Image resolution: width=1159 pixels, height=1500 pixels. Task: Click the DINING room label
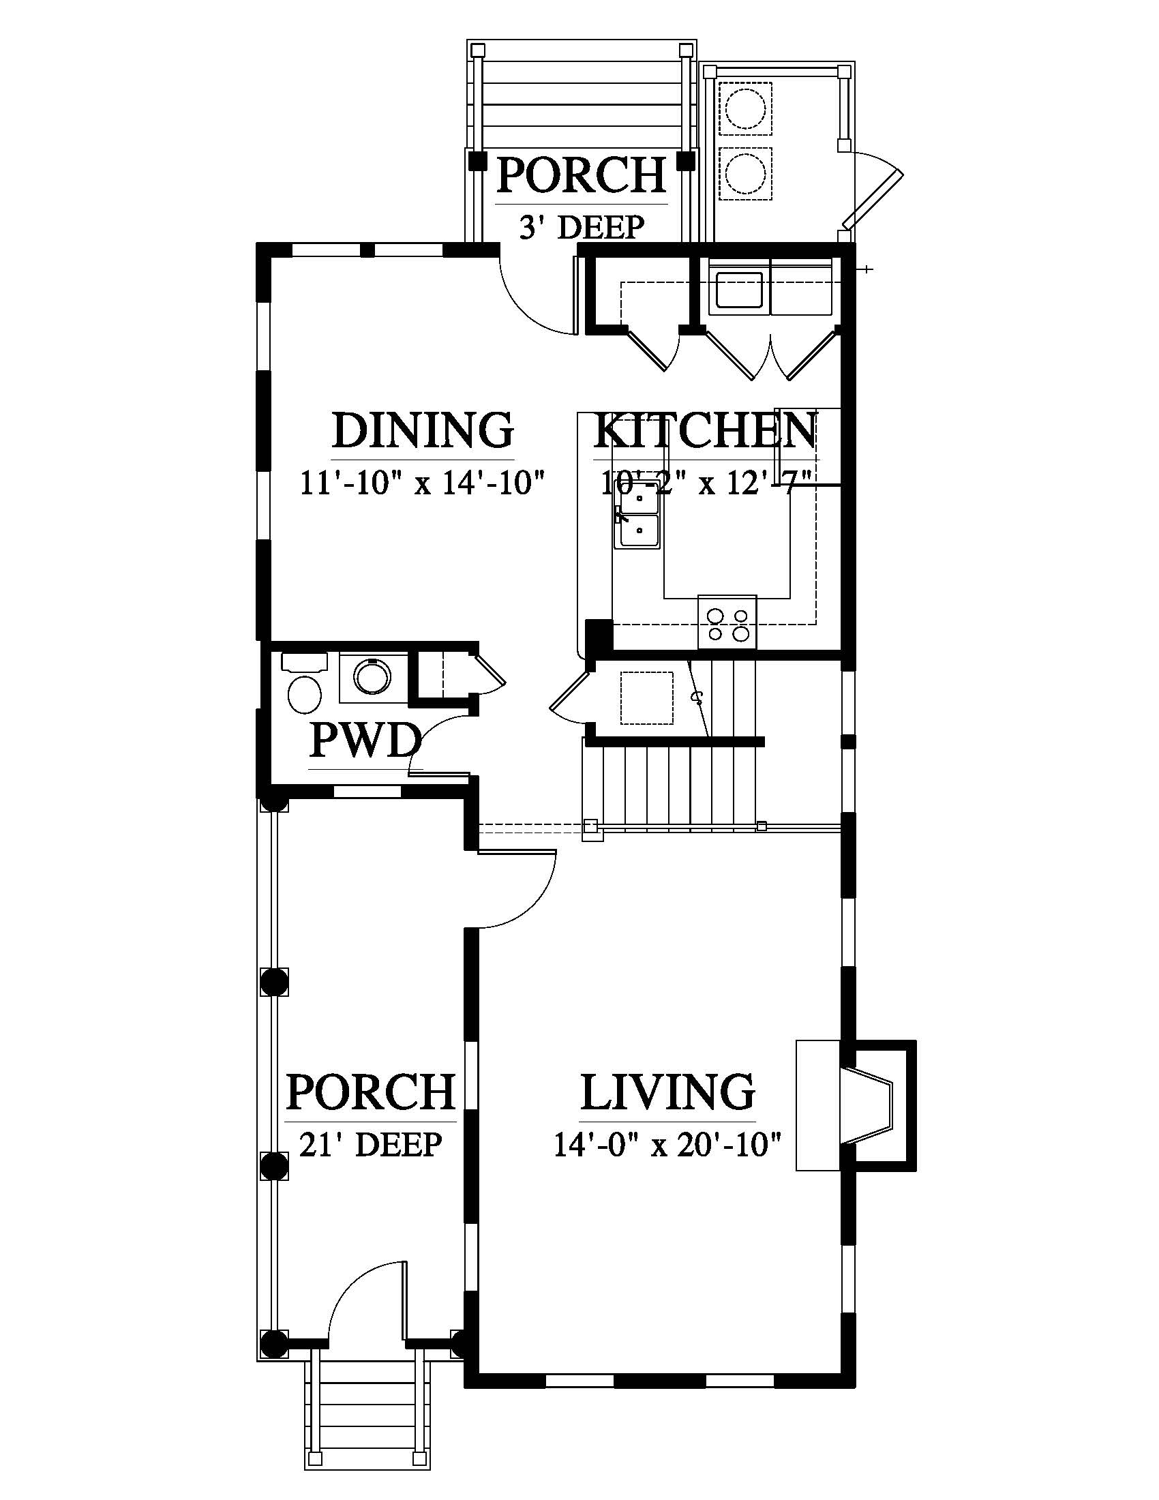click(x=423, y=430)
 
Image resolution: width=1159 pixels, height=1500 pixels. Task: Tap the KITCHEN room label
click(x=705, y=430)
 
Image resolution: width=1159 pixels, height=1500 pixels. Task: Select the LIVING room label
click(x=667, y=1092)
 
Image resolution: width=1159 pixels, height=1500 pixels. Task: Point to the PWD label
click(x=365, y=742)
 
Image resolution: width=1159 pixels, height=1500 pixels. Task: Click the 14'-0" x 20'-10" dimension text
click(x=667, y=1145)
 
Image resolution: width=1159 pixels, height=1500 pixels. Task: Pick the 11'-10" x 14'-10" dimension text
click(x=422, y=482)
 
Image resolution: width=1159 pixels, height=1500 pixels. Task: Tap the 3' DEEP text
click(x=582, y=227)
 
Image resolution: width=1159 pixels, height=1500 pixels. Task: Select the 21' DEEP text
click(x=370, y=1144)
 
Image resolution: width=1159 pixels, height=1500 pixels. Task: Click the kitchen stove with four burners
click(x=727, y=622)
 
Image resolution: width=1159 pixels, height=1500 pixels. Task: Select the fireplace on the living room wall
click(x=856, y=1105)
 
